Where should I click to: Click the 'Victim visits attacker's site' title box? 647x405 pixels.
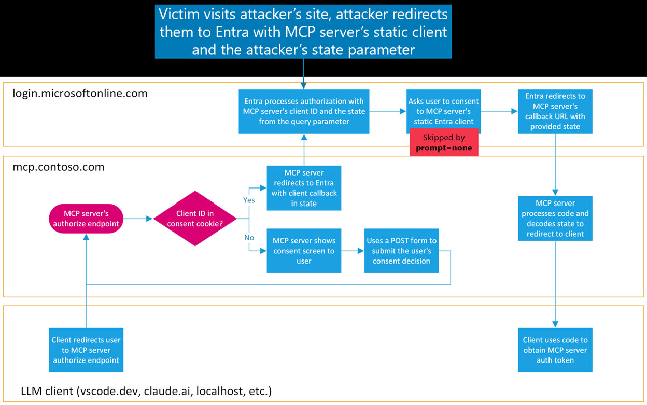click(x=303, y=31)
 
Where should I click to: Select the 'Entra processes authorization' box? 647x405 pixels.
click(x=304, y=111)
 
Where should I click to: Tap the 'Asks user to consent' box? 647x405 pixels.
click(x=443, y=111)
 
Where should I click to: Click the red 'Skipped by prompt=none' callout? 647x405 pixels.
click(x=443, y=143)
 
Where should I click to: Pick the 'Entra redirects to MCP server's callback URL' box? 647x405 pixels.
click(x=555, y=111)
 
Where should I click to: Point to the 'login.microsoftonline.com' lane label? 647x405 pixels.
click(x=80, y=94)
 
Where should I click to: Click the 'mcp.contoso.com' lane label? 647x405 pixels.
click(x=59, y=167)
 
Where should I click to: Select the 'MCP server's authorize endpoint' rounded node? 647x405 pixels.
click(x=86, y=219)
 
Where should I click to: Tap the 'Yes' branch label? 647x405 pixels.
click(x=249, y=200)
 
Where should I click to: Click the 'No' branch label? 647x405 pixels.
click(x=248, y=238)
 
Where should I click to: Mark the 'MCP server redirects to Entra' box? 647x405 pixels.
click(x=304, y=188)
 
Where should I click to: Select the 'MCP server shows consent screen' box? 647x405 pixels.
click(x=304, y=251)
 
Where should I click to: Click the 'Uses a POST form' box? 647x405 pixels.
click(x=401, y=251)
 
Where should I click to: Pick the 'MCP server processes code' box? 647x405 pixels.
click(x=555, y=218)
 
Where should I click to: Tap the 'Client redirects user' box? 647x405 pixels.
click(x=86, y=350)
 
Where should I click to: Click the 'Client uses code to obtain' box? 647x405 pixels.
click(x=555, y=350)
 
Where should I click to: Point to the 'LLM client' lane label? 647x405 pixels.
click(x=146, y=391)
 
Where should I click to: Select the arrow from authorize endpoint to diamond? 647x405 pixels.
click(x=138, y=219)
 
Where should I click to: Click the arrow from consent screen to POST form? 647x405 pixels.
click(x=353, y=251)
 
